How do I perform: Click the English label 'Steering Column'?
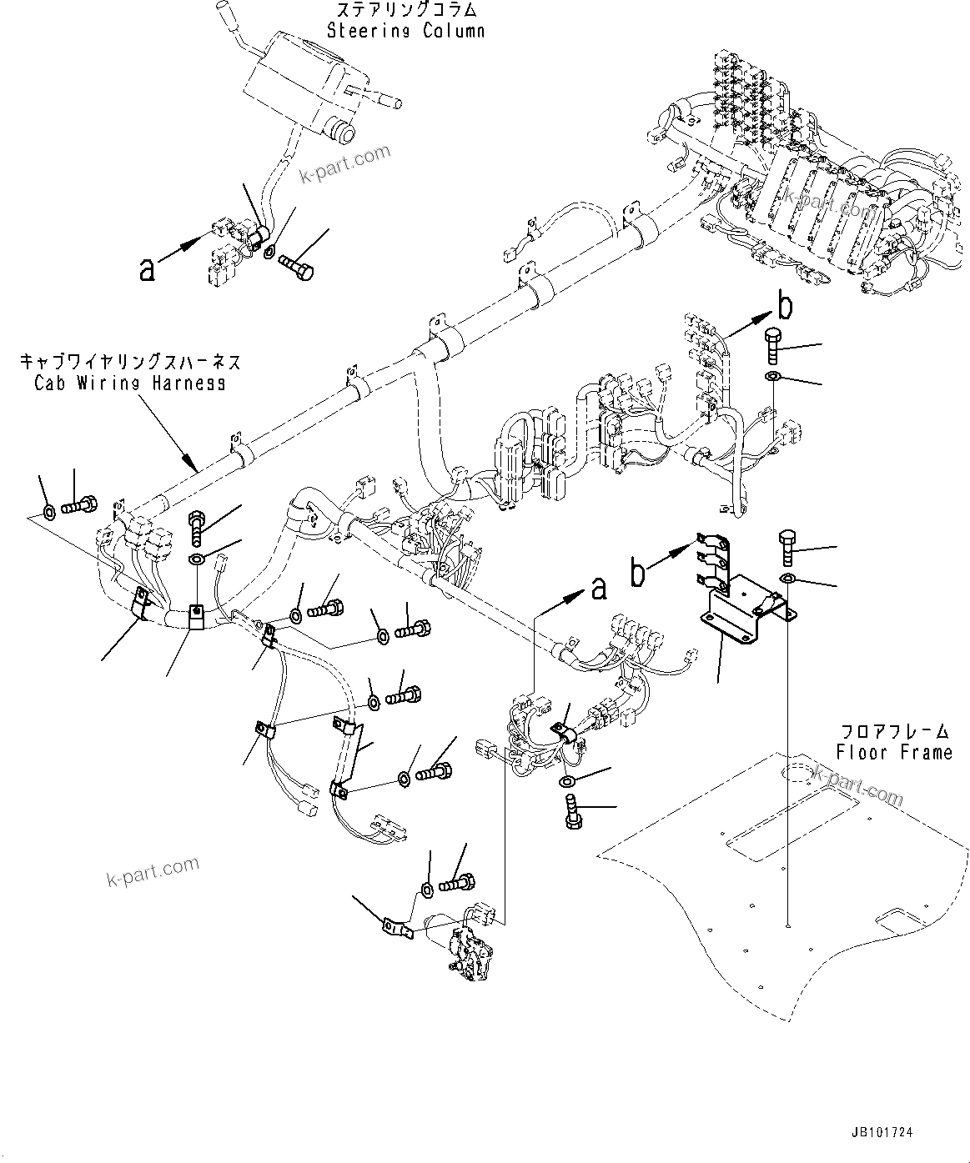(405, 32)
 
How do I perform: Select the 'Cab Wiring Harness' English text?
(129, 383)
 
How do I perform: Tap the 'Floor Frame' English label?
(895, 752)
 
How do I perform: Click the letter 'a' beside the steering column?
(148, 268)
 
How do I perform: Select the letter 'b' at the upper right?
(784, 306)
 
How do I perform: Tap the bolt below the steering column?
(298, 266)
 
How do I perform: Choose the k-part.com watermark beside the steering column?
(344, 164)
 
